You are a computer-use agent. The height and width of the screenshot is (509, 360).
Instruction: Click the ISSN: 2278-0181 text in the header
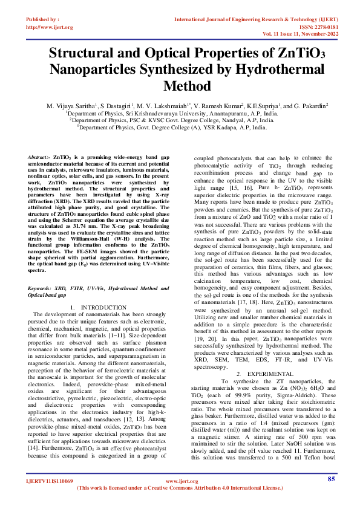tap(314, 27)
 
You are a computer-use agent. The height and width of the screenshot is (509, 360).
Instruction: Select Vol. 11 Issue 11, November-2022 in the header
tap(297, 35)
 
